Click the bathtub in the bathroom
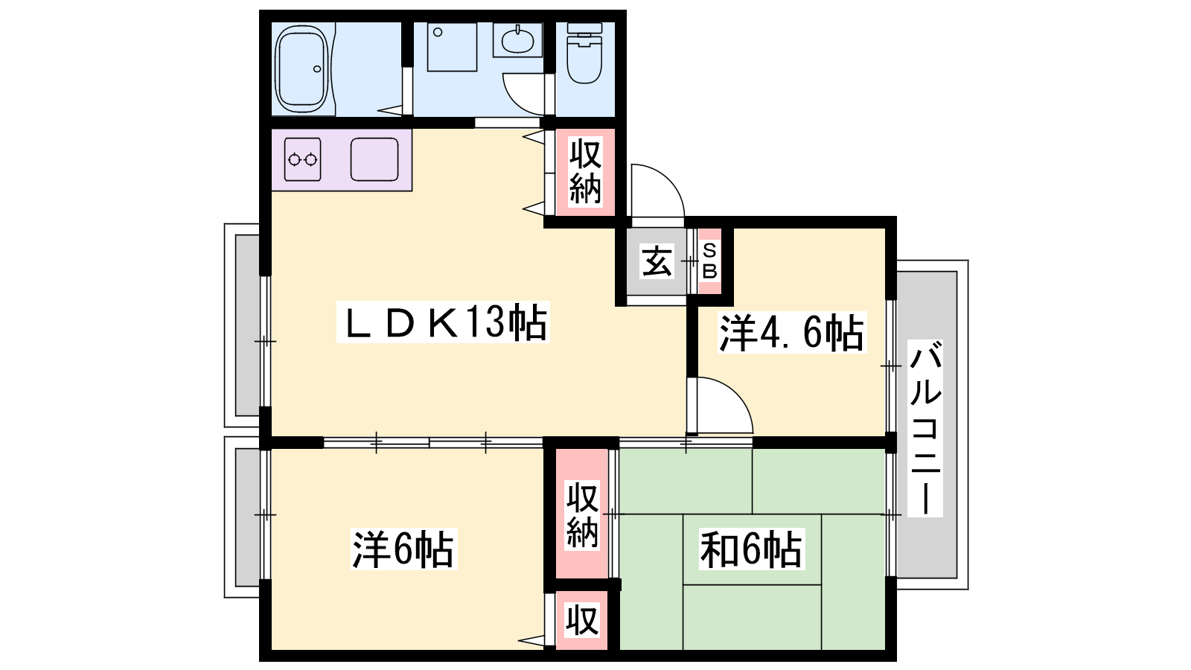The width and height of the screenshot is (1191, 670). [x=301, y=69]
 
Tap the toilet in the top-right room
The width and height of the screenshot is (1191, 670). [x=584, y=53]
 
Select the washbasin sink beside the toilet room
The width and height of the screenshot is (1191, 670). [x=517, y=40]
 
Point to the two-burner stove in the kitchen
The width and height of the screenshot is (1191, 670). [x=302, y=159]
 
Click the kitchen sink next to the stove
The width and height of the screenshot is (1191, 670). [x=374, y=159]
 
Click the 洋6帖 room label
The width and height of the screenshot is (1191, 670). [x=403, y=550]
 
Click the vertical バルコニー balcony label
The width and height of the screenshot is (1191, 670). [x=926, y=429]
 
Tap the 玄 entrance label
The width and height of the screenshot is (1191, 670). [x=657, y=261]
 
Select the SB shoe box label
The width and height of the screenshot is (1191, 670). [x=710, y=261]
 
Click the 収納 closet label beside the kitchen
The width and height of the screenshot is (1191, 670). [x=585, y=171]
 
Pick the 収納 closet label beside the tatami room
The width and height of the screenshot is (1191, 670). [x=582, y=514]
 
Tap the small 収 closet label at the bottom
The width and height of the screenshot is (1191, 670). [x=582, y=619]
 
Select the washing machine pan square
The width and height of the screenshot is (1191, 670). [x=452, y=47]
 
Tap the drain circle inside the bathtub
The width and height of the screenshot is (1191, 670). [x=317, y=69]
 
